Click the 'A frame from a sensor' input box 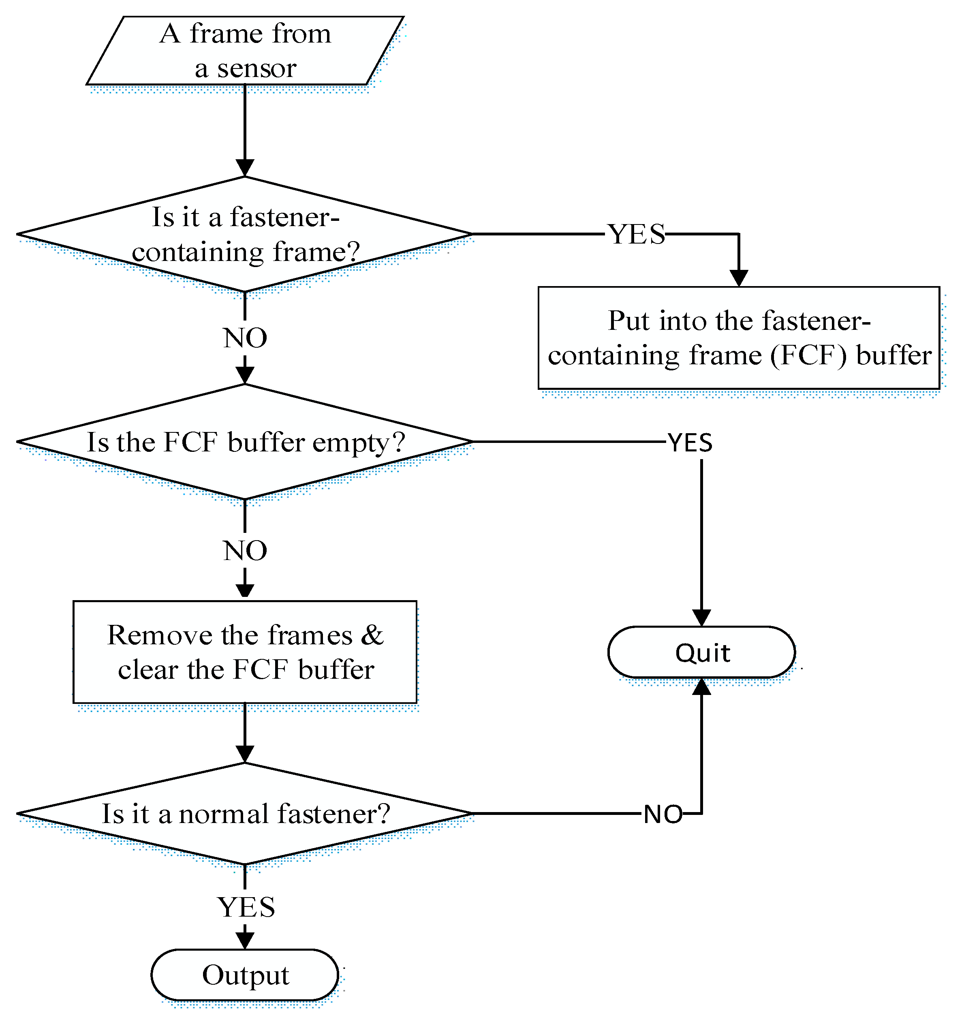[x=245, y=51]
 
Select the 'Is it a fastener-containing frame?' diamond [x=245, y=234]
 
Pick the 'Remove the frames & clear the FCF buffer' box [x=245, y=652]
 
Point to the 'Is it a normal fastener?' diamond [x=245, y=814]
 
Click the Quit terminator [x=702, y=652]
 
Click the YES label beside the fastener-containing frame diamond [x=637, y=234]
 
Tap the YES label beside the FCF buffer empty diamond [x=690, y=443]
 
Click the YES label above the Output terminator [x=246, y=907]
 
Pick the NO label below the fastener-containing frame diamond [x=245, y=338]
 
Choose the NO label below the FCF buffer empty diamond [x=245, y=551]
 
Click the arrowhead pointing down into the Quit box [x=702, y=618]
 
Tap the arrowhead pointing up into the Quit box [x=702, y=686]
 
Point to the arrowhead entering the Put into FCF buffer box [x=739, y=278]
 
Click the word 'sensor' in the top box [x=256, y=68]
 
